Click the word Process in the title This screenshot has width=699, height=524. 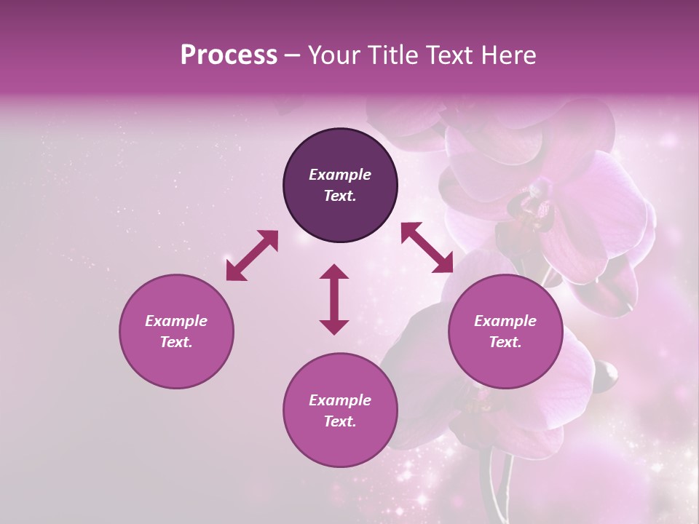(x=229, y=55)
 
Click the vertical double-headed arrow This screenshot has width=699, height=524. (x=334, y=299)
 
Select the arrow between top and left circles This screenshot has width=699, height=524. (x=252, y=255)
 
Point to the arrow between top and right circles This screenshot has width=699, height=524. (x=427, y=247)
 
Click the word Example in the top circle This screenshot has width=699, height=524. (x=340, y=175)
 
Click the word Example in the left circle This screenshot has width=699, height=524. (x=176, y=321)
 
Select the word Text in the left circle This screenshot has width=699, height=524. (x=176, y=342)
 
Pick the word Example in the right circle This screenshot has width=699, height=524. (x=505, y=321)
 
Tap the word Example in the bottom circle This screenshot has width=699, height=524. (x=340, y=400)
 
